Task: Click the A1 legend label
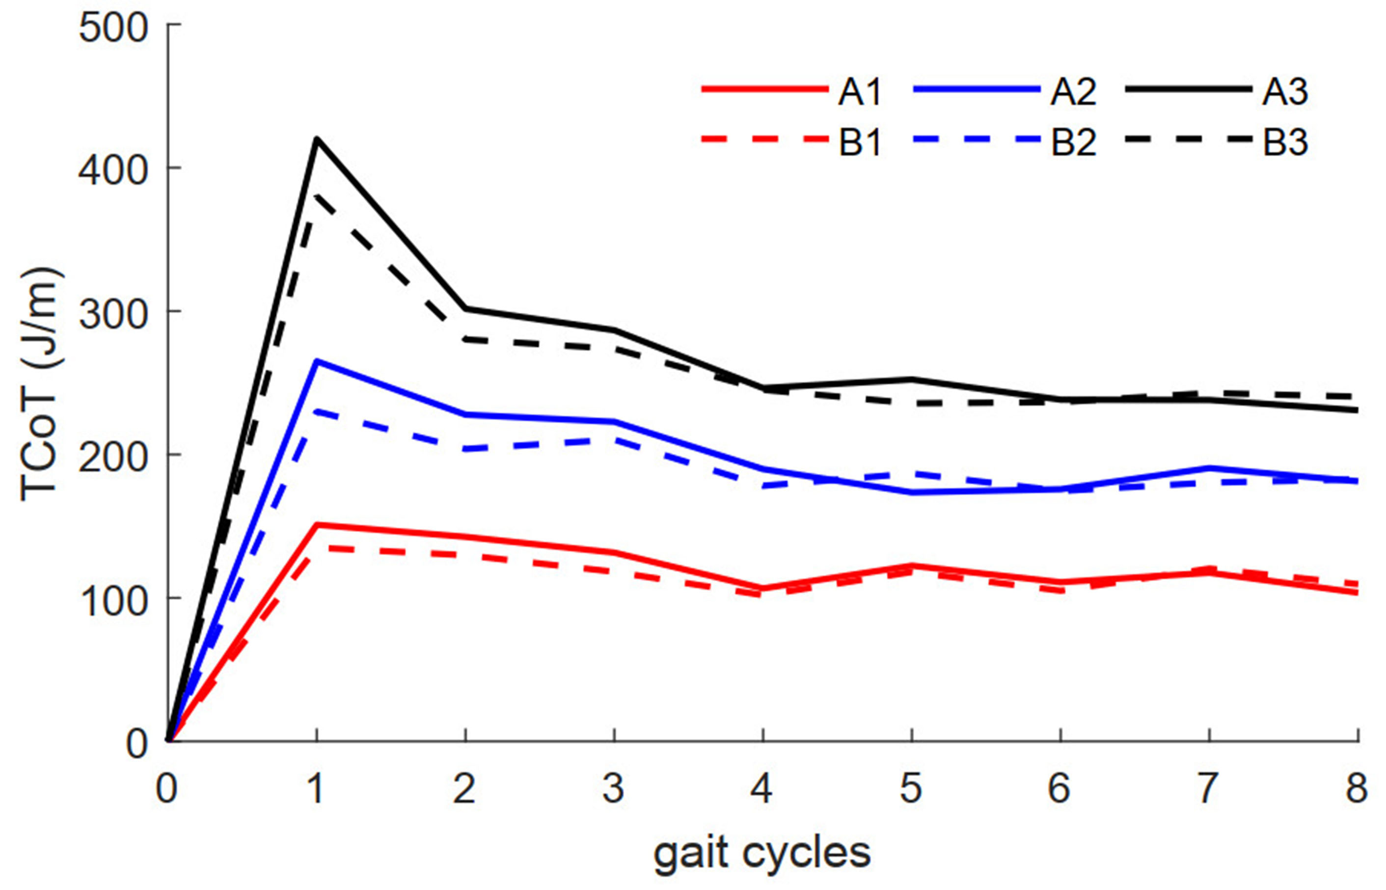[x=860, y=92]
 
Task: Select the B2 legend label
[x=1073, y=142]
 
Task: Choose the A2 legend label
[x=1073, y=92]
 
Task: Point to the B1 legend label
[x=860, y=142]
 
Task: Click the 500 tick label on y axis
[x=113, y=28]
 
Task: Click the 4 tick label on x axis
[x=762, y=788]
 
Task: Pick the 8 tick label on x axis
[x=1357, y=788]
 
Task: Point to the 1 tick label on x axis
[x=316, y=788]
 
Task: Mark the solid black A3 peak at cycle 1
[x=316, y=139]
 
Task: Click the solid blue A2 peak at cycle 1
[x=316, y=361]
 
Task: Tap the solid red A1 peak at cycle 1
[x=316, y=525]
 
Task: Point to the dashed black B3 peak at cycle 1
[x=316, y=196]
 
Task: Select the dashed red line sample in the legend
[x=762, y=139]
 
